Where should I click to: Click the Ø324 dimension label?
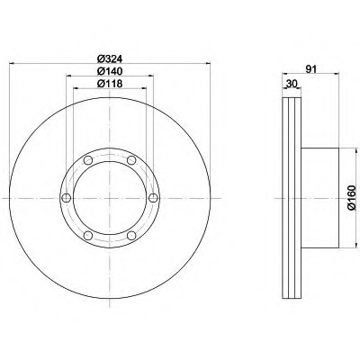[x=110, y=58]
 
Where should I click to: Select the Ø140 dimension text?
[x=110, y=71]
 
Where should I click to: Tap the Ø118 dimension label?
[x=110, y=84]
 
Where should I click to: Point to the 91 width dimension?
[x=311, y=69]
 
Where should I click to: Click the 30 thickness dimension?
[x=292, y=84]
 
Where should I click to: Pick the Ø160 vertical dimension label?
[x=352, y=197]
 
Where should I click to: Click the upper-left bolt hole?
[x=88, y=160]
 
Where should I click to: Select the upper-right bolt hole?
[x=131, y=160]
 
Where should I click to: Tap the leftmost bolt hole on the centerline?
[x=66, y=198]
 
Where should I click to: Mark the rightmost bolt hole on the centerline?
[x=153, y=198]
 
